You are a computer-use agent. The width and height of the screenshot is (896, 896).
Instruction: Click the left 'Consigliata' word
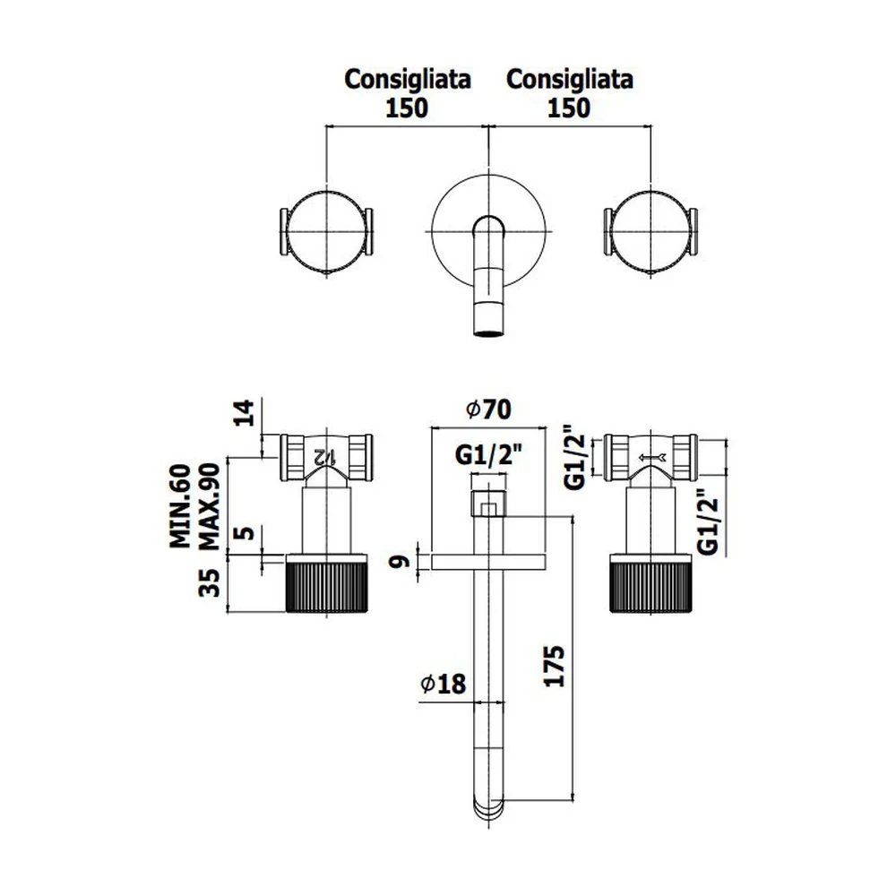(x=408, y=80)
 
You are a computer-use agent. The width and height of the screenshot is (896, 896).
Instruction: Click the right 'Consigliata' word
(x=570, y=80)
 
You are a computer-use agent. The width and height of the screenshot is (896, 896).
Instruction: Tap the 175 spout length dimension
(x=554, y=666)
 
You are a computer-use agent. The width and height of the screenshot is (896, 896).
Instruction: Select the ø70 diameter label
(x=488, y=409)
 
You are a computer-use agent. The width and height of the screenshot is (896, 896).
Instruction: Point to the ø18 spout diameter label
(x=443, y=684)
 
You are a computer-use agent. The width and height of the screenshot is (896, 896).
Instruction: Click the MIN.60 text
(x=181, y=506)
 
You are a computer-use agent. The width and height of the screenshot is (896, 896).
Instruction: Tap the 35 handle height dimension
(x=209, y=583)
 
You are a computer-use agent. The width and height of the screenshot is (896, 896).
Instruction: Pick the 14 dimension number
(x=244, y=413)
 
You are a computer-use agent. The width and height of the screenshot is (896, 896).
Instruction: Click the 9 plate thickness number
(x=400, y=562)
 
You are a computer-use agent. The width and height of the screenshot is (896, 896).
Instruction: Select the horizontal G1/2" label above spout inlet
(x=488, y=455)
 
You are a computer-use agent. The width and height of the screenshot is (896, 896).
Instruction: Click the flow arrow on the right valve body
(x=652, y=457)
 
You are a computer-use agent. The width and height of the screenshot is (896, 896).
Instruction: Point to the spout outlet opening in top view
(x=488, y=332)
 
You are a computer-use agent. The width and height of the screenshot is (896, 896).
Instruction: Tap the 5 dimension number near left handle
(x=244, y=533)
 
